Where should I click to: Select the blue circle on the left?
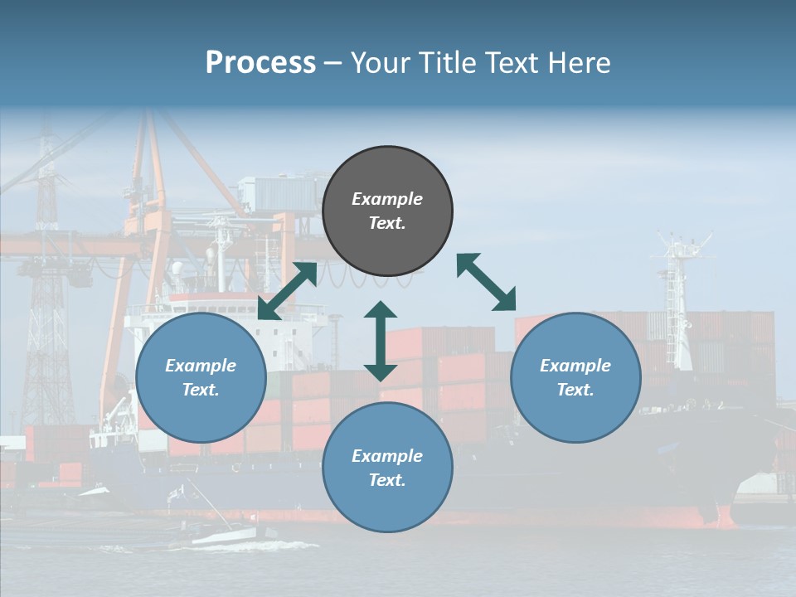point(201,378)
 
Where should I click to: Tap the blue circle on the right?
point(575,378)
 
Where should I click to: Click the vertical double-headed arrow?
point(381,341)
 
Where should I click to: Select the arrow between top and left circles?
point(287,291)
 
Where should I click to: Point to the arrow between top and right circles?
point(487,282)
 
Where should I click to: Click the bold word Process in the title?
point(260,63)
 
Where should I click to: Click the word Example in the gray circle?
point(387,199)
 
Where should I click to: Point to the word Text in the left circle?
point(200,390)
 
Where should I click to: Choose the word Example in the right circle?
point(575,366)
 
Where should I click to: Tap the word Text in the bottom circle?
point(386,480)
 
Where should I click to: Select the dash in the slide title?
point(332,63)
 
